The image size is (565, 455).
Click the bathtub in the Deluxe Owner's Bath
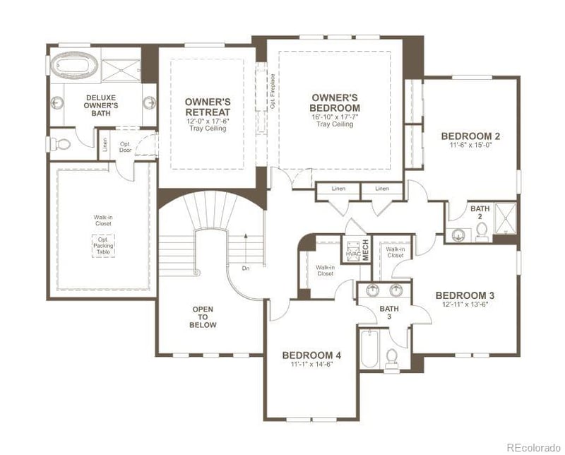coord(73,66)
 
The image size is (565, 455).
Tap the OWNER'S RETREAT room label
coord(207,107)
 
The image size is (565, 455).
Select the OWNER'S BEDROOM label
coord(335,102)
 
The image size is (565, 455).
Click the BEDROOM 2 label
coord(470,136)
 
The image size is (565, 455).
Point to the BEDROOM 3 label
coord(465,295)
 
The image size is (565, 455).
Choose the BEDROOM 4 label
coord(311,355)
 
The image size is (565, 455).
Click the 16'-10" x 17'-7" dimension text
coord(335,117)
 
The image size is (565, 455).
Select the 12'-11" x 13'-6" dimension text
coord(465,305)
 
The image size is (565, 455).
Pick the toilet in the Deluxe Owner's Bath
coord(61,143)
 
